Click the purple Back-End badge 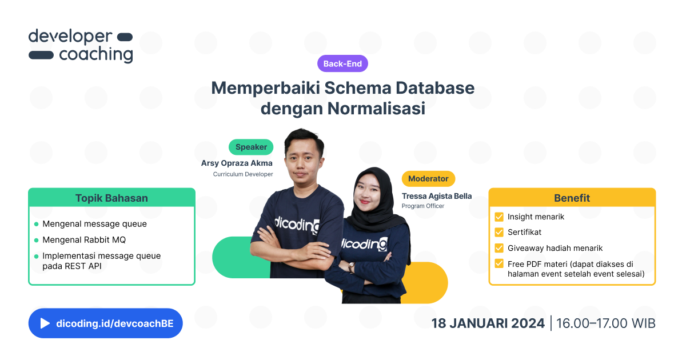click(x=342, y=64)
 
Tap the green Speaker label click(x=251, y=147)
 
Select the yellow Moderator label click(x=429, y=179)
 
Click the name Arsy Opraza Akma click(x=237, y=163)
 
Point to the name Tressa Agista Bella click(x=437, y=196)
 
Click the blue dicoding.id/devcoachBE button click(x=106, y=323)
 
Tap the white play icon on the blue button click(x=45, y=323)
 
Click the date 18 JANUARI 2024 click(x=488, y=323)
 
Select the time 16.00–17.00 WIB click(x=605, y=323)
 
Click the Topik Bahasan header click(x=111, y=198)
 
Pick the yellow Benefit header click(x=572, y=198)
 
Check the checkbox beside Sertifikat click(x=499, y=233)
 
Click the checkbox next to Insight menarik click(x=499, y=217)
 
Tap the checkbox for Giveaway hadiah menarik click(x=499, y=248)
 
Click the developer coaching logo click(x=81, y=45)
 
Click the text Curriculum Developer click(x=243, y=174)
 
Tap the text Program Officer click(x=423, y=206)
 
